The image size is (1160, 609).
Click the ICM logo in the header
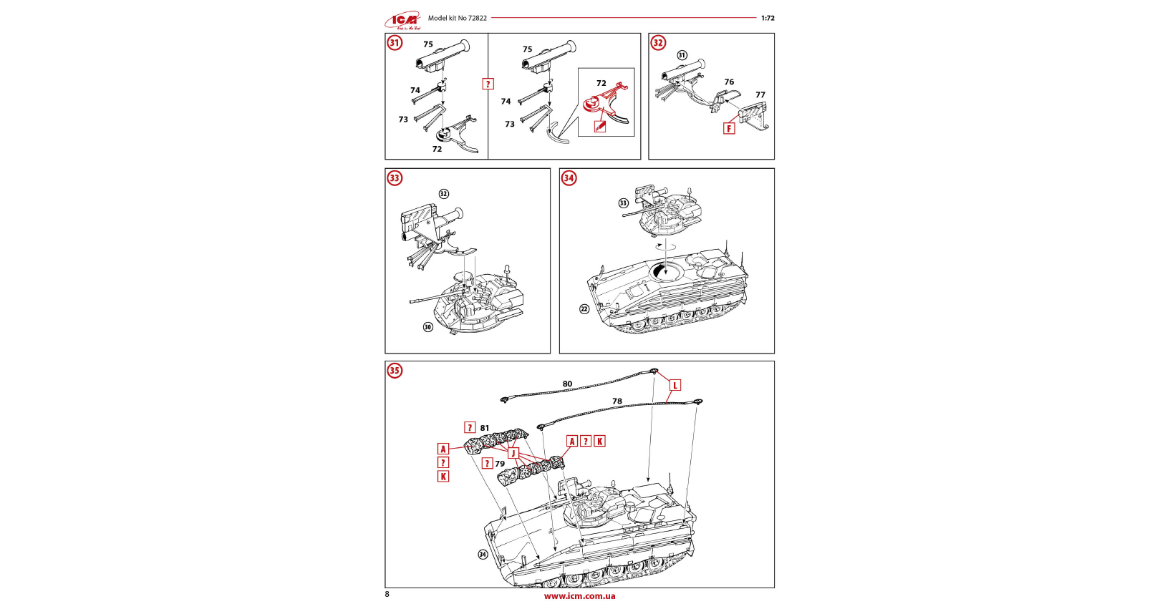click(403, 20)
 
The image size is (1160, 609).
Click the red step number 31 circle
click(395, 43)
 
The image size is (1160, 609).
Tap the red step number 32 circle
click(658, 43)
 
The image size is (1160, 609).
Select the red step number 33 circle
click(395, 178)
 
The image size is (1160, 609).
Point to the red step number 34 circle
click(569, 178)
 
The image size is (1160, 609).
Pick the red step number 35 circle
click(395, 371)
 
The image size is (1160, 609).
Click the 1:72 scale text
click(768, 18)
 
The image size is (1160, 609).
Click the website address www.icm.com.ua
click(579, 596)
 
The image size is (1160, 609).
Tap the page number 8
click(387, 594)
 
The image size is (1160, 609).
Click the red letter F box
click(729, 129)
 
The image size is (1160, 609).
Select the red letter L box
click(675, 385)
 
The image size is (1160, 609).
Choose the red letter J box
click(513, 453)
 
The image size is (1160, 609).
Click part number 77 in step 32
click(760, 94)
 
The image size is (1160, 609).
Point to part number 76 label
click(729, 82)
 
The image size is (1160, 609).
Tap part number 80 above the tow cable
click(567, 384)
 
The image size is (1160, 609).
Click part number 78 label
click(617, 401)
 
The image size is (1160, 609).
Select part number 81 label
click(485, 428)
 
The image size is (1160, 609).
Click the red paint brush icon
click(600, 127)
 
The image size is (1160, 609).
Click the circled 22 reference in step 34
click(584, 309)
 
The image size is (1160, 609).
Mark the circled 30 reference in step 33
click(428, 327)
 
